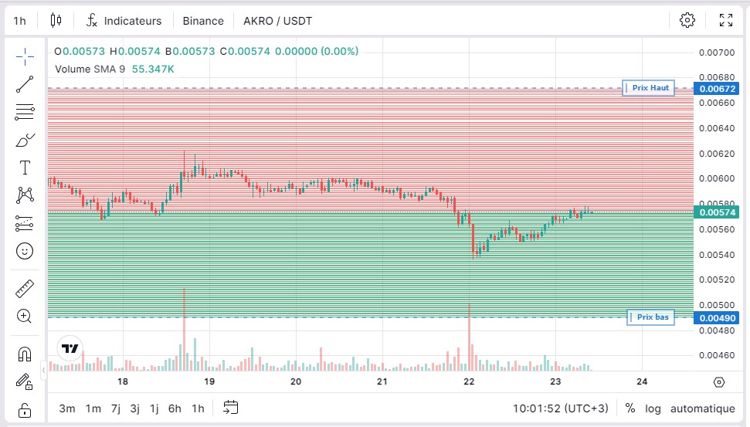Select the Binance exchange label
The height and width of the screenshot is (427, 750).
(x=203, y=21)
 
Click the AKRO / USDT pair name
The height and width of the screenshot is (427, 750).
(x=277, y=21)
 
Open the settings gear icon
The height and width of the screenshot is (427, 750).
(x=687, y=20)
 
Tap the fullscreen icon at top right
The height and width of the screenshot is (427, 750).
(x=726, y=20)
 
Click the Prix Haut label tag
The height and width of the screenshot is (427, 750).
(x=650, y=88)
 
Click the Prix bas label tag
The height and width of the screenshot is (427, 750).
(x=650, y=317)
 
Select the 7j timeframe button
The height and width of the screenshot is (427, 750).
(x=116, y=408)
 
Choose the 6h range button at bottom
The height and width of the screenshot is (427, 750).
(x=175, y=408)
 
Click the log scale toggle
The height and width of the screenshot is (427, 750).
(x=653, y=408)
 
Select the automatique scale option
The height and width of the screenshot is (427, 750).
(x=702, y=408)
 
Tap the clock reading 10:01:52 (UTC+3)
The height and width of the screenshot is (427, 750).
(x=560, y=408)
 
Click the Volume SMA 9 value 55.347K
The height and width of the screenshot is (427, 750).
(x=153, y=69)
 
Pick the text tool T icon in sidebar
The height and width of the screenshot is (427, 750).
(x=25, y=168)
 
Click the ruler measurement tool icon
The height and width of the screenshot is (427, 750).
(x=25, y=290)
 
